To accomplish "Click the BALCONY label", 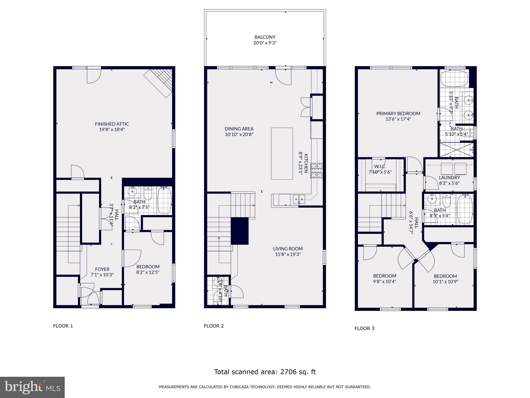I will [x=265, y=37].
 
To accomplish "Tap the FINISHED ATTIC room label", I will [x=112, y=124].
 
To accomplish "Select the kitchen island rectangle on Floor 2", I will [x=282, y=153].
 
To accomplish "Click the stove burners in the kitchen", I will [x=317, y=170].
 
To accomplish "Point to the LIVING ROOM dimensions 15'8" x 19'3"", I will [x=288, y=254].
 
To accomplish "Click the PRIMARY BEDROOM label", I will [x=398, y=113].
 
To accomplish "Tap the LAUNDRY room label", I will [x=449, y=177].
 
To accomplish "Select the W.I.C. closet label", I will [x=380, y=167].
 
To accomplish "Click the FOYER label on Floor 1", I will [x=102, y=269].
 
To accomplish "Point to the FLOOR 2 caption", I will [x=214, y=326].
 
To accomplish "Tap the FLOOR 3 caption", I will [x=364, y=329].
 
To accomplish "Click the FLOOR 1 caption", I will [x=63, y=326].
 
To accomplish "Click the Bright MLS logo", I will [x=32, y=387].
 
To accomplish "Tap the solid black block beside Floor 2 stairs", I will [x=240, y=231].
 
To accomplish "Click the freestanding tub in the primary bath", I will [x=454, y=79].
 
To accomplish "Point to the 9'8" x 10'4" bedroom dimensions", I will [x=385, y=281].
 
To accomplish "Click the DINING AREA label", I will [x=239, y=129].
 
